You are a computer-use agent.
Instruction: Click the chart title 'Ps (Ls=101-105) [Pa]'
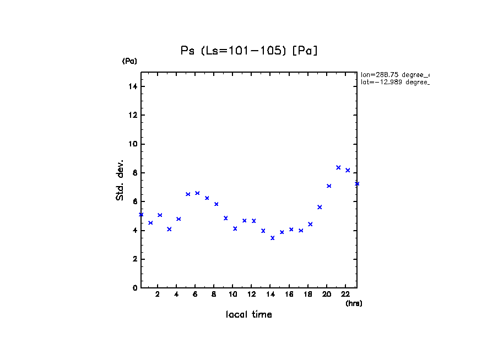pos(250,51)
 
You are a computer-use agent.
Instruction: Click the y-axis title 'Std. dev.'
pos(120,181)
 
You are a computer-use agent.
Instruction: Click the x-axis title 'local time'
pos(249,314)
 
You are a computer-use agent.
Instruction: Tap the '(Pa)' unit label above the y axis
pos(129,61)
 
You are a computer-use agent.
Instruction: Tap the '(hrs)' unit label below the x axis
pos(354,303)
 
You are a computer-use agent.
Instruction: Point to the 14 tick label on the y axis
pos(134,86)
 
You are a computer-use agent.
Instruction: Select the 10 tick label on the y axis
pos(134,144)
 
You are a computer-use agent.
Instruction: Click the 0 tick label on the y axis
pos(136,288)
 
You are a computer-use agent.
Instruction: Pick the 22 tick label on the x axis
pos(345,294)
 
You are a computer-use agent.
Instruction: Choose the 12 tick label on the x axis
pos(252,294)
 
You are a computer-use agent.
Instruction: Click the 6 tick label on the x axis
pos(195,294)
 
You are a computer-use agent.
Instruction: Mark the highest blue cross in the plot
pos(338,167)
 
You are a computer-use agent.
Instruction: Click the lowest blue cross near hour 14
pos(272,238)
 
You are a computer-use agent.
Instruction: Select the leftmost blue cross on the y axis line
pos(141,215)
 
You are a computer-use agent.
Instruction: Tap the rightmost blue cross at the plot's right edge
pos(357,183)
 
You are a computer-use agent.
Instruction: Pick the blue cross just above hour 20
pos(329,186)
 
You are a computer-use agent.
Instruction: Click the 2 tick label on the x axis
pos(158,294)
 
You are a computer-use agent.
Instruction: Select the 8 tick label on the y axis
pos(136,173)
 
